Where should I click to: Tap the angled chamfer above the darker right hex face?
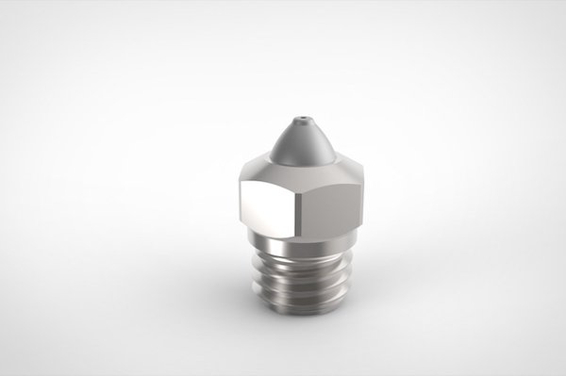tap(330, 174)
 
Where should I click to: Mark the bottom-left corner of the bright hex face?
tap(242, 223)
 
